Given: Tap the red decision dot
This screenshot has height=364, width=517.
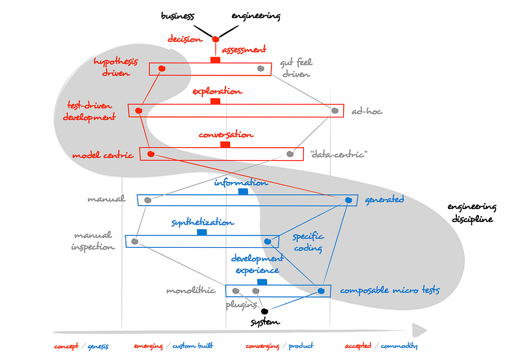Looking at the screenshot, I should point(216,39).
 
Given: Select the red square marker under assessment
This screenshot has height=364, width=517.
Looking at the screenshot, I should point(216,60).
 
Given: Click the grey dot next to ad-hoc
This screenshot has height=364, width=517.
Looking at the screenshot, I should point(335,111).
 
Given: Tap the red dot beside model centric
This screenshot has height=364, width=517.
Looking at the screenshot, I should point(151,154).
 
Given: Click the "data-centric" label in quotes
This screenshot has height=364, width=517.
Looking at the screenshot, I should point(339,154).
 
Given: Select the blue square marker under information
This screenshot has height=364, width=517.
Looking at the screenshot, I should point(243,192).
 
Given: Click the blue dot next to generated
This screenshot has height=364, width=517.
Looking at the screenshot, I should point(348,200).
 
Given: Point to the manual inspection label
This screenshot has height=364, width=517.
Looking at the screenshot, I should point(93,241).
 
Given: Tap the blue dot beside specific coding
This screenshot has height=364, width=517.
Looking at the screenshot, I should point(268,241).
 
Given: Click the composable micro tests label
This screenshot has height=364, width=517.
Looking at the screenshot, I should point(390,290).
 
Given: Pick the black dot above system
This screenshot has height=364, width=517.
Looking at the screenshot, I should point(264,311).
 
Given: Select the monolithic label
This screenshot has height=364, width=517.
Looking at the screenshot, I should point(191,290).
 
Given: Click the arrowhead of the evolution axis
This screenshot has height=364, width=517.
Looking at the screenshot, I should point(419,330).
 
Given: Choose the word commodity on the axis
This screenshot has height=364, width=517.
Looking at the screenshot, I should point(399,346).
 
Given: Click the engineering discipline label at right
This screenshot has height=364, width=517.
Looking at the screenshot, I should point(472,213).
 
